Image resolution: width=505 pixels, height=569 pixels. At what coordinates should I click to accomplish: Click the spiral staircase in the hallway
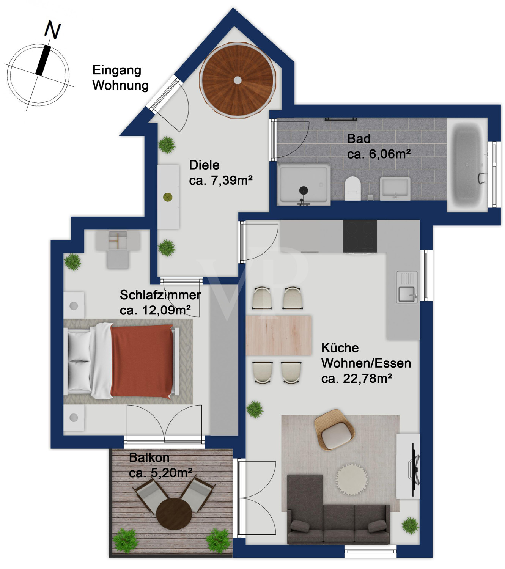pyautogui.click(x=238, y=80)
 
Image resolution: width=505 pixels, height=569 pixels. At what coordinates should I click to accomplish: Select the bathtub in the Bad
pyautogui.click(x=466, y=165)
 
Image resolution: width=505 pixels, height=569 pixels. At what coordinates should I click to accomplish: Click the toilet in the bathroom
pyautogui.click(x=352, y=188)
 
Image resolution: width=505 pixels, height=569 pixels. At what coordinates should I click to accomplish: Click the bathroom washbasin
pyautogui.click(x=395, y=188)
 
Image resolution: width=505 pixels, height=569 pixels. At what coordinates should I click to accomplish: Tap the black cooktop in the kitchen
pyautogui.click(x=360, y=236)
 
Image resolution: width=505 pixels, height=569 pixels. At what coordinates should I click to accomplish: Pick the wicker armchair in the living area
pyautogui.click(x=335, y=429)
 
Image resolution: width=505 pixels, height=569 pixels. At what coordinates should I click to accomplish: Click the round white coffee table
pyautogui.click(x=351, y=479)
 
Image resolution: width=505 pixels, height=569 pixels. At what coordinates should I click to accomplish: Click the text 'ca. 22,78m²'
pyautogui.click(x=356, y=379)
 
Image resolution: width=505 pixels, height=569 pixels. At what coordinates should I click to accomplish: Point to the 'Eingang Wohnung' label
pyautogui.click(x=120, y=78)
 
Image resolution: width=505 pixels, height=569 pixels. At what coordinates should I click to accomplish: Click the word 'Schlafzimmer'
pyautogui.click(x=160, y=295)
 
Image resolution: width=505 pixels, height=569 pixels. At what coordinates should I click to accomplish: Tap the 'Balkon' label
pyautogui.click(x=149, y=457)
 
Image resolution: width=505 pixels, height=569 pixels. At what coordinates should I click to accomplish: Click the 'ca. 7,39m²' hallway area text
pyautogui.click(x=221, y=180)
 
